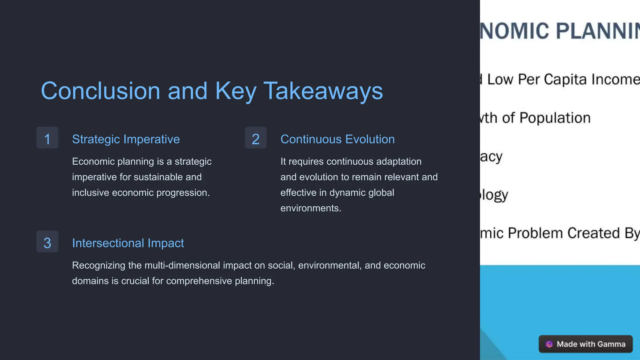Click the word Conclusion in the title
[101, 91]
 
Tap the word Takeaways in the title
[323, 91]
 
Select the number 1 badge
[47, 138]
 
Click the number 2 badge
[256, 138]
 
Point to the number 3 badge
[47, 242]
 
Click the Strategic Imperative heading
[126, 139]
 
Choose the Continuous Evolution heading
[337, 139]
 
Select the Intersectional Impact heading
[128, 243]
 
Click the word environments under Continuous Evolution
[311, 208]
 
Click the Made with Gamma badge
[586, 344]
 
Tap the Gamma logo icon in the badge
[549, 344]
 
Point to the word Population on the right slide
[555, 118]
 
